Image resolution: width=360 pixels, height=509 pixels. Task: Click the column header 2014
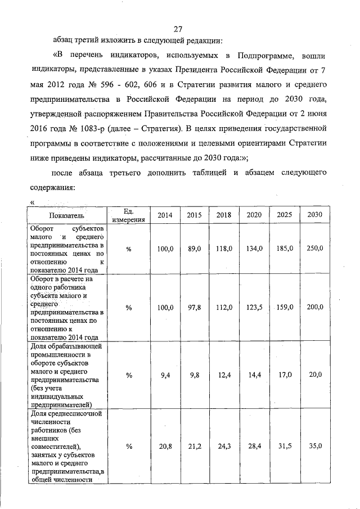(165, 215)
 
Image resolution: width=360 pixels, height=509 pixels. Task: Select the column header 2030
(315, 215)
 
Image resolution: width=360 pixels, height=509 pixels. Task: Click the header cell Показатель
(66, 215)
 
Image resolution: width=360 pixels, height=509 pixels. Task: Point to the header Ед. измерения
(128, 215)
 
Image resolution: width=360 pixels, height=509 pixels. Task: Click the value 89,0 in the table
(194, 249)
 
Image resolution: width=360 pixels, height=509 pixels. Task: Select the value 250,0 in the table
(315, 249)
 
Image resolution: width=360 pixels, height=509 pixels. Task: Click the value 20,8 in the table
(165, 447)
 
